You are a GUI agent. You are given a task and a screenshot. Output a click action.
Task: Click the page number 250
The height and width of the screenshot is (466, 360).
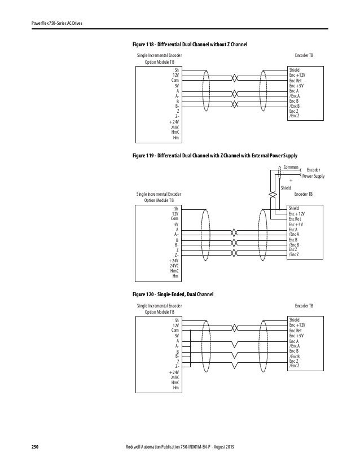point(34,447)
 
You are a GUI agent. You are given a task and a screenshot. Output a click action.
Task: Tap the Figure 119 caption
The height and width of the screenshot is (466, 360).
point(214,155)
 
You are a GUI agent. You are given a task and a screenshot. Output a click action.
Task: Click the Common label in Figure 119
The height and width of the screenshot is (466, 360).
point(291,168)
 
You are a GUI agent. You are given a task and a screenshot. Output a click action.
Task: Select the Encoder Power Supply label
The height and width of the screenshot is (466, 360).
point(313,173)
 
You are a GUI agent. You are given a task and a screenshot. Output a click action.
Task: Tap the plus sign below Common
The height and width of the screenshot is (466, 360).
point(298,180)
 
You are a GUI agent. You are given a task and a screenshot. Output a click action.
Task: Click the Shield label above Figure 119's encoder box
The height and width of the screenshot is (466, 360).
point(286,187)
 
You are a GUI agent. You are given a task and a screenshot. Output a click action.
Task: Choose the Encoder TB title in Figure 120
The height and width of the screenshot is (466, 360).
point(305,305)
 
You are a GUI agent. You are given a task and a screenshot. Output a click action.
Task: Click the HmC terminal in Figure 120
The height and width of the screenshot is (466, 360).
point(175,383)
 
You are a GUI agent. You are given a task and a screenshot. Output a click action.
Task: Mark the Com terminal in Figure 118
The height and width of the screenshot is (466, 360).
point(175,80)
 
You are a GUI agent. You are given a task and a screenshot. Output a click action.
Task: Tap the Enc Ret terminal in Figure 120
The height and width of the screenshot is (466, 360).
point(297,331)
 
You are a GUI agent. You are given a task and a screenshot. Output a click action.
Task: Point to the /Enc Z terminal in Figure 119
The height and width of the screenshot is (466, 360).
point(294,255)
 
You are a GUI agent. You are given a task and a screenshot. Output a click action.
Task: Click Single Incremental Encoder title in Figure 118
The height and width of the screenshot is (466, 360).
point(160,56)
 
